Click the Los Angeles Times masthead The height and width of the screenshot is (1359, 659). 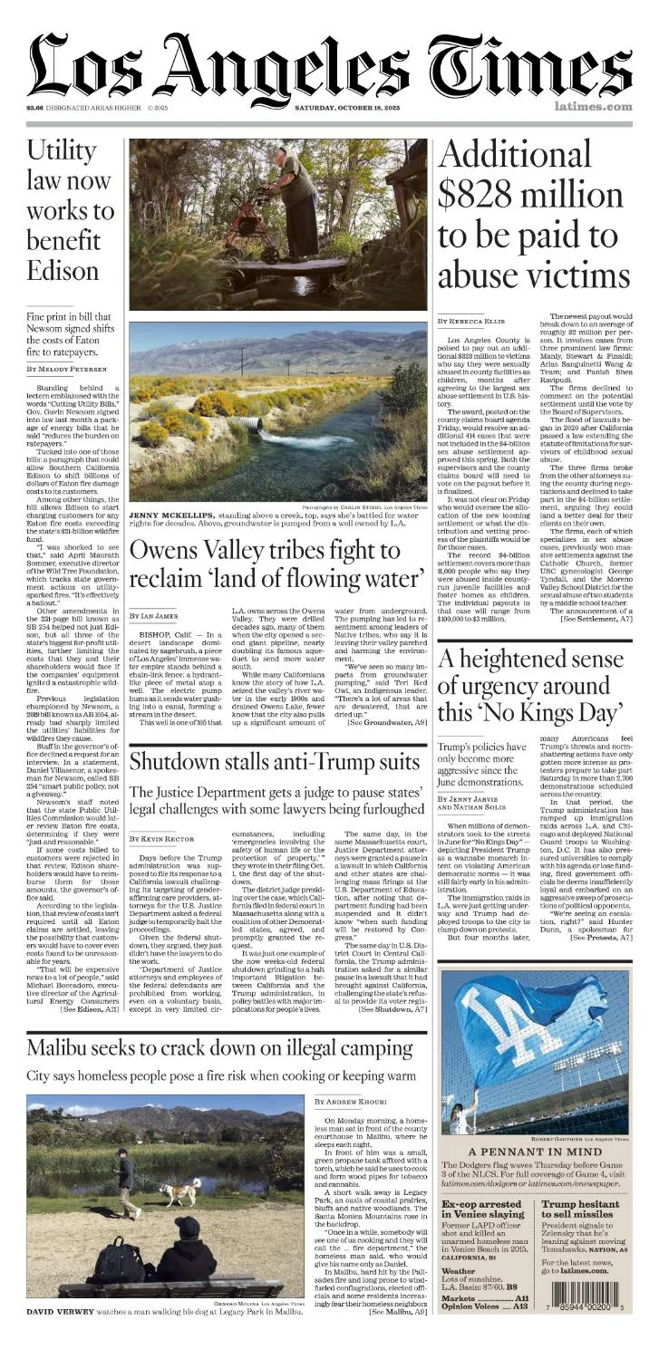coord(329,65)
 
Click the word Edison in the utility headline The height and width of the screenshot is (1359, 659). coord(62,270)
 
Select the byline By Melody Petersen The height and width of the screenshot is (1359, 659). coord(65,369)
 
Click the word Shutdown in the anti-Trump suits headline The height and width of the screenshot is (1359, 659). coord(180,760)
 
